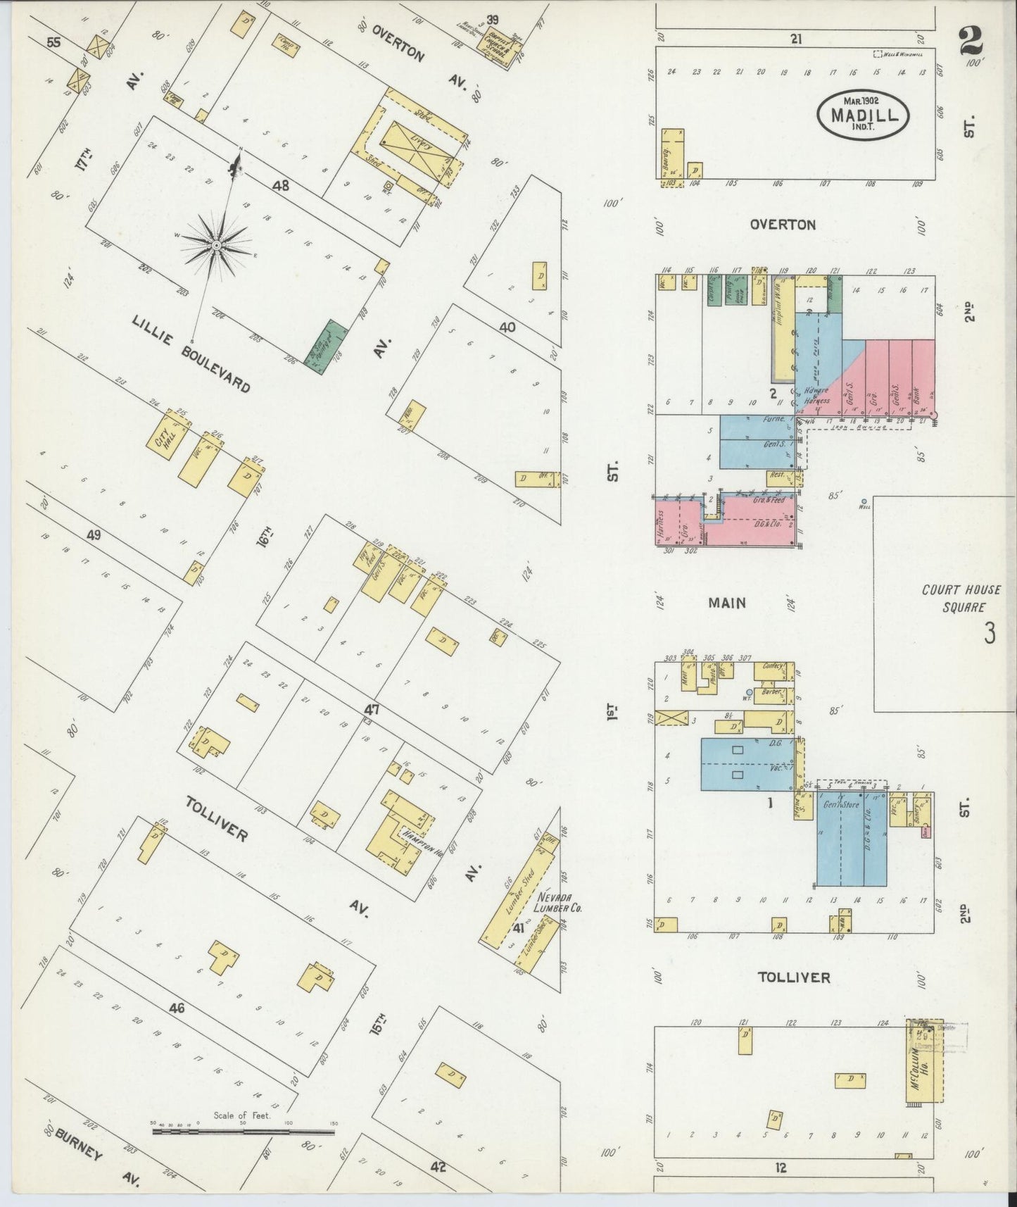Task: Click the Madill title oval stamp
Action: tap(863, 113)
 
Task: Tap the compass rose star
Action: tap(216, 244)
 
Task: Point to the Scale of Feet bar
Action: tap(243, 1132)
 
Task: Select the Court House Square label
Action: tap(961, 599)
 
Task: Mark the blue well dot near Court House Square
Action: tap(864, 501)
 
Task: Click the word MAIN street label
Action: tap(727, 603)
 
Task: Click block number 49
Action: tap(94, 535)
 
